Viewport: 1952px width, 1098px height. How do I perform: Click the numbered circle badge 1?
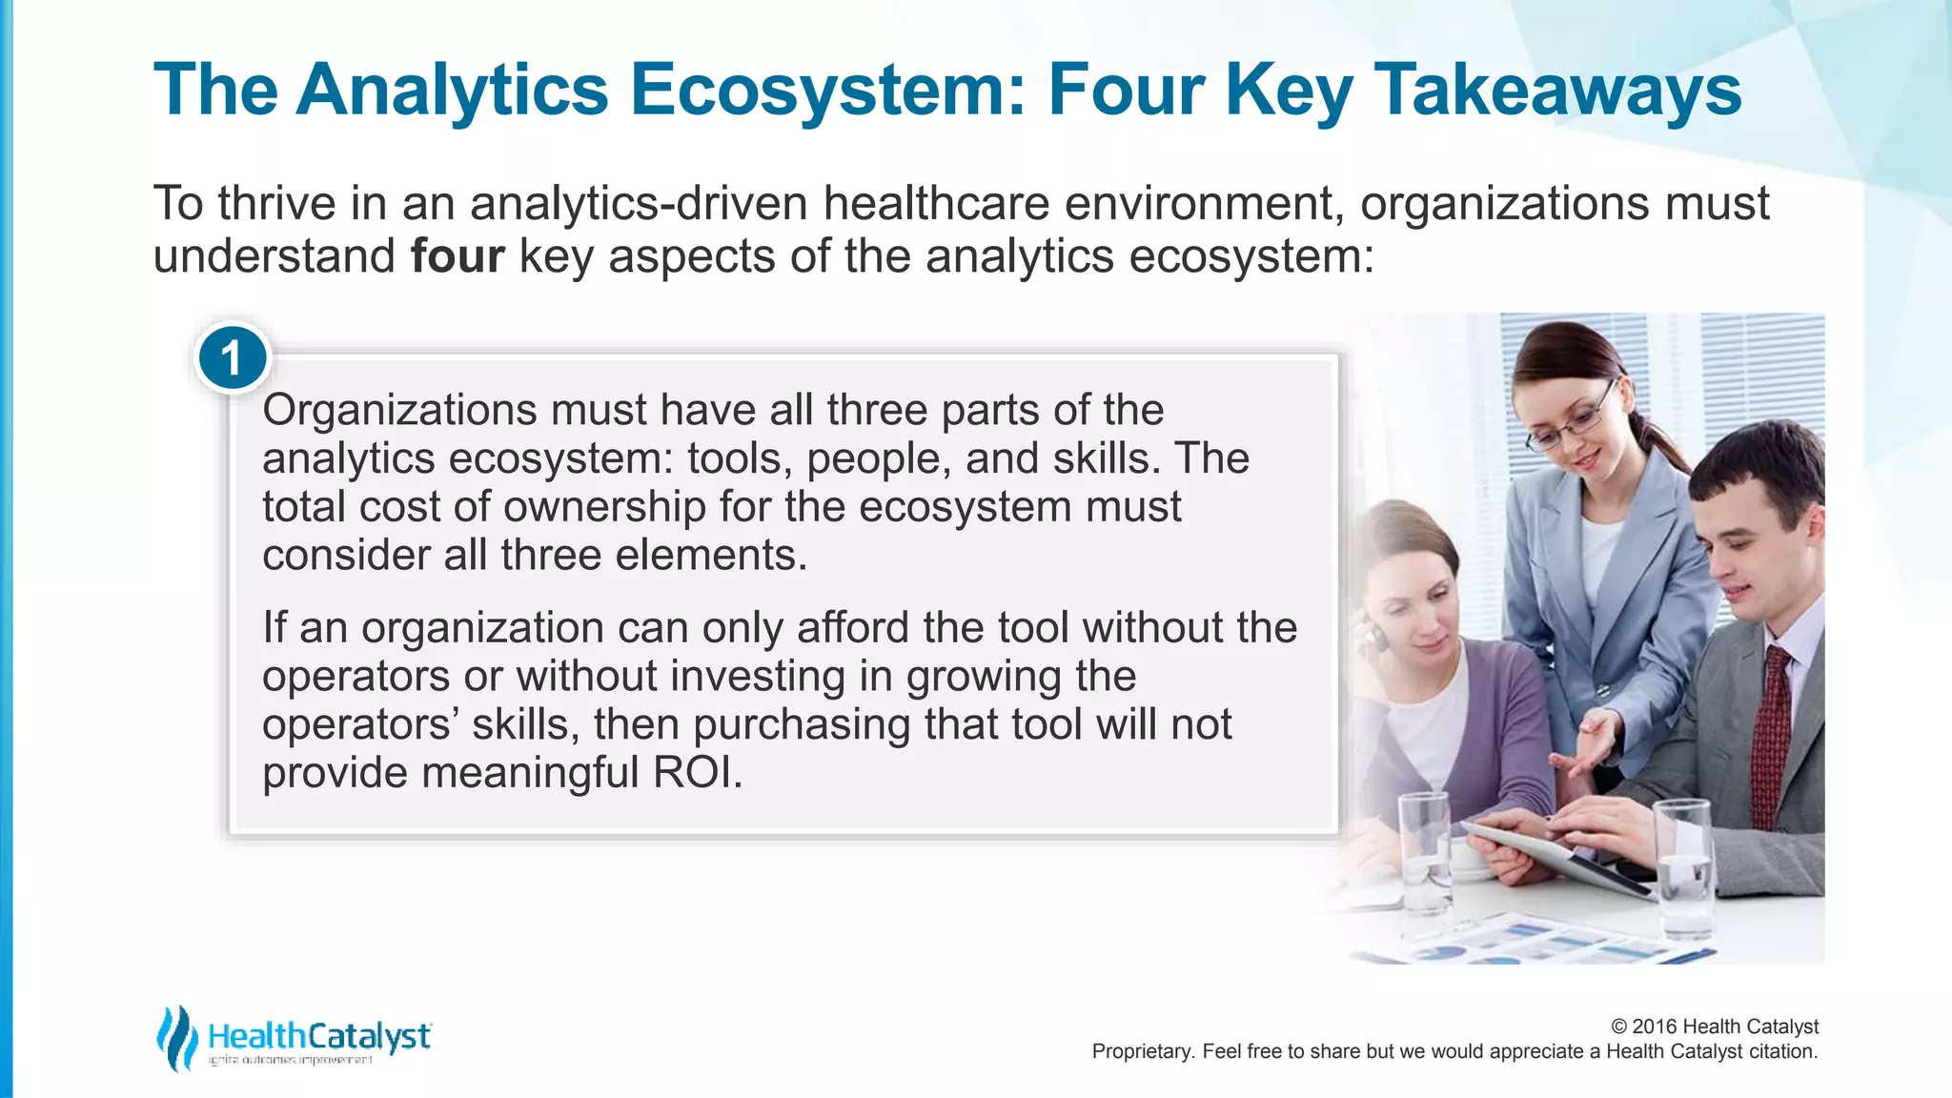point(232,358)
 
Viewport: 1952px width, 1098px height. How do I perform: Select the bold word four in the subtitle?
point(457,256)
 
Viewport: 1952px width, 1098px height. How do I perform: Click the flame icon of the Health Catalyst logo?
point(177,1037)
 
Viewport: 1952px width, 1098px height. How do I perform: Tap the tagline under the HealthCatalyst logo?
point(291,1061)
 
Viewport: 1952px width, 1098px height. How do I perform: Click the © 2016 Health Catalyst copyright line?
point(1714,1027)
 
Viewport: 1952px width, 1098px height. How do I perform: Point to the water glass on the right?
point(1683,867)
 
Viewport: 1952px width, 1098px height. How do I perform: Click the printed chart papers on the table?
point(1525,939)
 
